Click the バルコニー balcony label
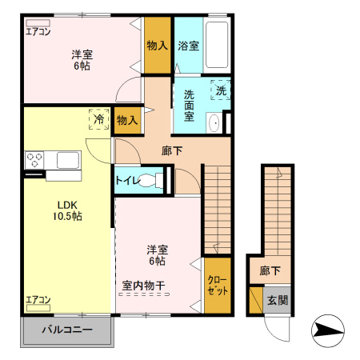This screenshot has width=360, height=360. [x=67, y=330]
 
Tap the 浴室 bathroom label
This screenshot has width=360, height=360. [x=188, y=46]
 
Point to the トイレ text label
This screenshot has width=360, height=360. [x=126, y=179]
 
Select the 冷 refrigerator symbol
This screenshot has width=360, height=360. [x=99, y=118]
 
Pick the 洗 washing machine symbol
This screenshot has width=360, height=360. [x=221, y=90]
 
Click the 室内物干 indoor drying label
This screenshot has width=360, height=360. [x=145, y=284]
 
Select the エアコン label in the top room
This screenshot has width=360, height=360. [x=38, y=32]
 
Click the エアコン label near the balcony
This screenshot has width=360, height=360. [x=38, y=300]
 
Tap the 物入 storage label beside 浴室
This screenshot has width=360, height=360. [x=157, y=46]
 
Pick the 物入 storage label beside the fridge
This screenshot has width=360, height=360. [x=126, y=120]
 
